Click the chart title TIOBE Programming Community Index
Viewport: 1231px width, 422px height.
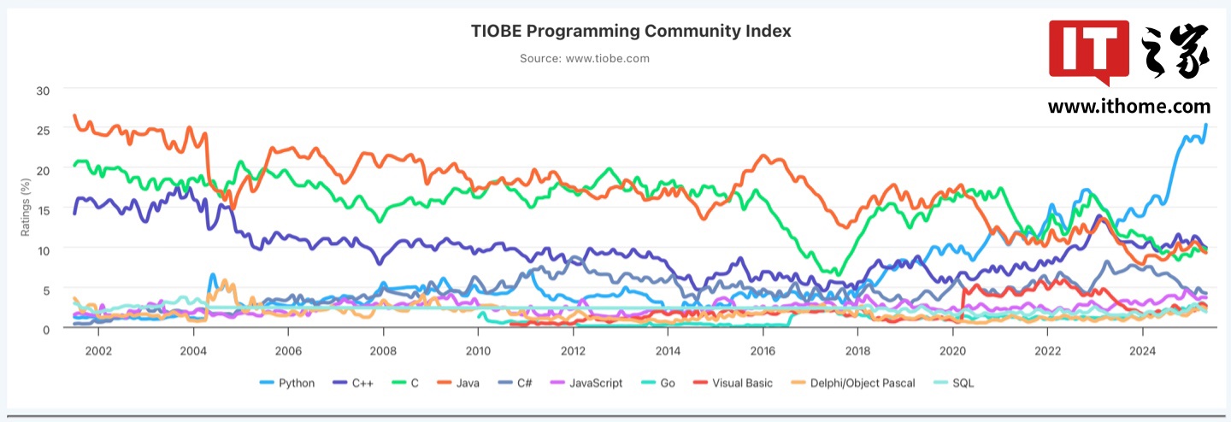pos(631,32)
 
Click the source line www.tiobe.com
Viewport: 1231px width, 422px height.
pos(585,59)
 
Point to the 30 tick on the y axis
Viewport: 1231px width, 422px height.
pos(43,90)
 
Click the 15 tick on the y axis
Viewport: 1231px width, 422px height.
pos(43,209)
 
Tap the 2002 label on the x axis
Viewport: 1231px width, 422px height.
pos(98,350)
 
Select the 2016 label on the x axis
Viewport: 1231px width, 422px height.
pos(763,350)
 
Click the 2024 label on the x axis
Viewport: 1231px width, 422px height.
pos(1142,350)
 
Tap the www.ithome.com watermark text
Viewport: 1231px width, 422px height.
pos(1128,107)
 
